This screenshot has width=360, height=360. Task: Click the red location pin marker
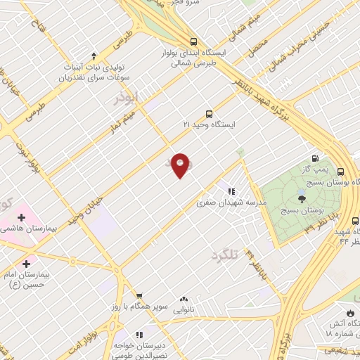click(x=181, y=165)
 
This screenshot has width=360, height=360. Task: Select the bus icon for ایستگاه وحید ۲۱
click(x=209, y=114)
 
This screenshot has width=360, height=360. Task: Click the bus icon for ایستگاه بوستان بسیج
click(x=340, y=172)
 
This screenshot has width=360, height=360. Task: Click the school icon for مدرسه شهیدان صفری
click(x=231, y=191)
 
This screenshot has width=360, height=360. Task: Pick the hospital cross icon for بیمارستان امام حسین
click(x=27, y=264)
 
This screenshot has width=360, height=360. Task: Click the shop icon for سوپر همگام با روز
click(x=139, y=295)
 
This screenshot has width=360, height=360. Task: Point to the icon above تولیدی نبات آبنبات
click(x=94, y=55)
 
